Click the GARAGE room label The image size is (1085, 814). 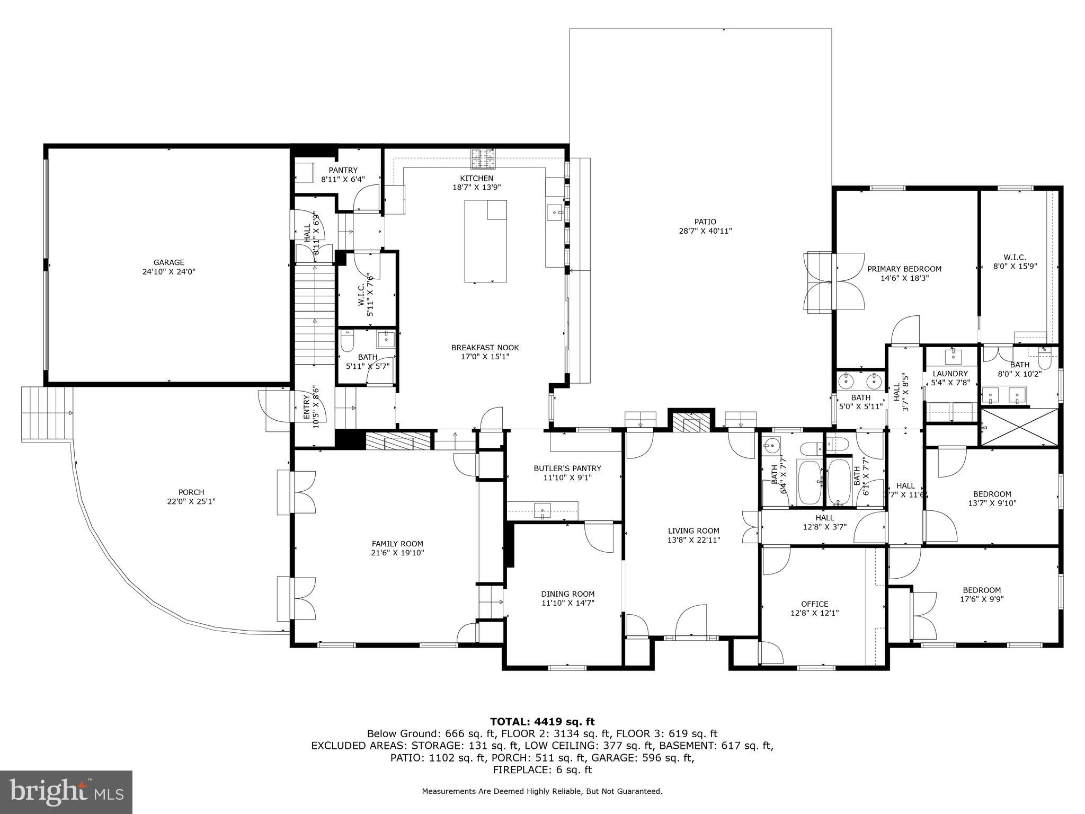[169, 262]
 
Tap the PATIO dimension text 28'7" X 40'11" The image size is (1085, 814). [705, 231]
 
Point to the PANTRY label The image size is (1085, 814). [343, 170]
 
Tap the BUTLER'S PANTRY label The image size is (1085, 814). [567, 468]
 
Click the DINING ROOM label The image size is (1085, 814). [567, 594]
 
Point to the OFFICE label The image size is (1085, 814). [814, 604]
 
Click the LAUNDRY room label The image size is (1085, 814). [950, 374]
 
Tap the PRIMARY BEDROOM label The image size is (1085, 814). [904, 269]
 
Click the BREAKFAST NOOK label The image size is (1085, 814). [485, 348]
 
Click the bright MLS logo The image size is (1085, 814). [66, 792]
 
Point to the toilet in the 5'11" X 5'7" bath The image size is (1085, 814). [347, 342]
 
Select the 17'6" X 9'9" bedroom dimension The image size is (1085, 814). [982, 599]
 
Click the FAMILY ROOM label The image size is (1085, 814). [397, 544]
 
